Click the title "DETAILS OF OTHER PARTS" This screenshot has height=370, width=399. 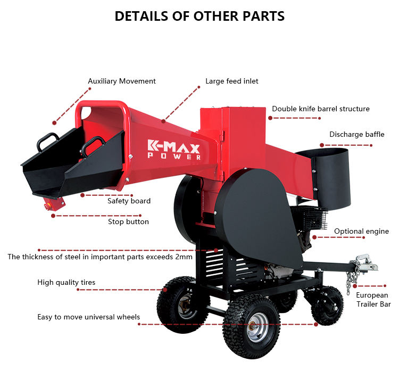click(x=199, y=17)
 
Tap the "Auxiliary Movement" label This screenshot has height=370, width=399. click(x=122, y=81)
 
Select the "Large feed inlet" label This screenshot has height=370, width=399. click(x=232, y=81)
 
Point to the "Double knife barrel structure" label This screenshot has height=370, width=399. click(x=321, y=109)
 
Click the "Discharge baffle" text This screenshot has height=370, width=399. click(x=356, y=135)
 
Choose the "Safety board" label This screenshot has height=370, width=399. click(x=129, y=201)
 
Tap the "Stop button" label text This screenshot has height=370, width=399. click(x=128, y=221)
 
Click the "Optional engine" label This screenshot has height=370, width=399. click(x=361, y=232)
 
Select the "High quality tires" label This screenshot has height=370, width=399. click(x=66, y=283)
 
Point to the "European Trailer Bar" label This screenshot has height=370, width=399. click(x=372, y=300)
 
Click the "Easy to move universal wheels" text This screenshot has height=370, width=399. click(x=88, y=317)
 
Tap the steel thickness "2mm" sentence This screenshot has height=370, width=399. click(x=100, y=257)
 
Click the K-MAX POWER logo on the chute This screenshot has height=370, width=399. click(x=174, y=150)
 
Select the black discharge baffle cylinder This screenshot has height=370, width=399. click(x=327, y=176)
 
